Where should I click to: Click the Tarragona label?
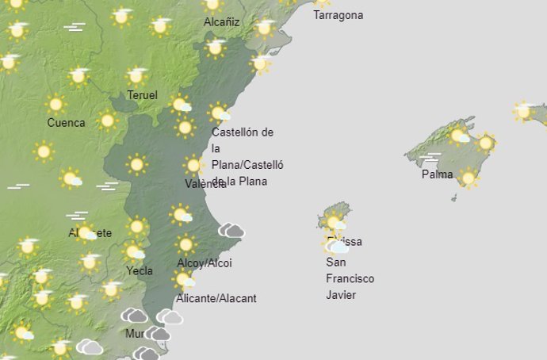pyautogui.click(x=339, y=15)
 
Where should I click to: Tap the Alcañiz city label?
pyautogui.click(x=221, y=23)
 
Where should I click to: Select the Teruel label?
pyautogui.click(x=143, y=96)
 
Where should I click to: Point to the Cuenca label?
pyautogui.click(x=66, y=123)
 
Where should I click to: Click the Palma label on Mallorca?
pyautogui.click(x=437, y=174)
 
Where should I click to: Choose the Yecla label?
pyautogui.click(x=139, y=270)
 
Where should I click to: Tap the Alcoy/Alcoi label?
pyautogui.click(x=205, y=263)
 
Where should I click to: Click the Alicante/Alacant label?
pyautogui.click(x=217, y=299)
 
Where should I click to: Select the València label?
pyautogui.click(x=205, y=184)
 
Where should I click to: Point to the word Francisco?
pyautogui.click(x=350, y=279)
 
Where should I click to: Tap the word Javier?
pyautogui.click(x=340, y=295)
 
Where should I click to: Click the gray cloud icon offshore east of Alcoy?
pyautogui.click(x=231, y=231)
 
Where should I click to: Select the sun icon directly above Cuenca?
pyautogui.click(x=55, y=104)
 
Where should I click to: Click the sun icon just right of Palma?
pyautogui.click(x=468, y=178)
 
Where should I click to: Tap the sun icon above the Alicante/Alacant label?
pyautogui.click(x=184, y=280)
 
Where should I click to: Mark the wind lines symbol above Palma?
pyautogui.click(x=432, y=157)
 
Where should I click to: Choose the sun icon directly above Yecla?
pyautogui.click(x=134, y=252)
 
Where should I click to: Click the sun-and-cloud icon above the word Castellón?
pyautogui.click(x=220, y=113)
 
